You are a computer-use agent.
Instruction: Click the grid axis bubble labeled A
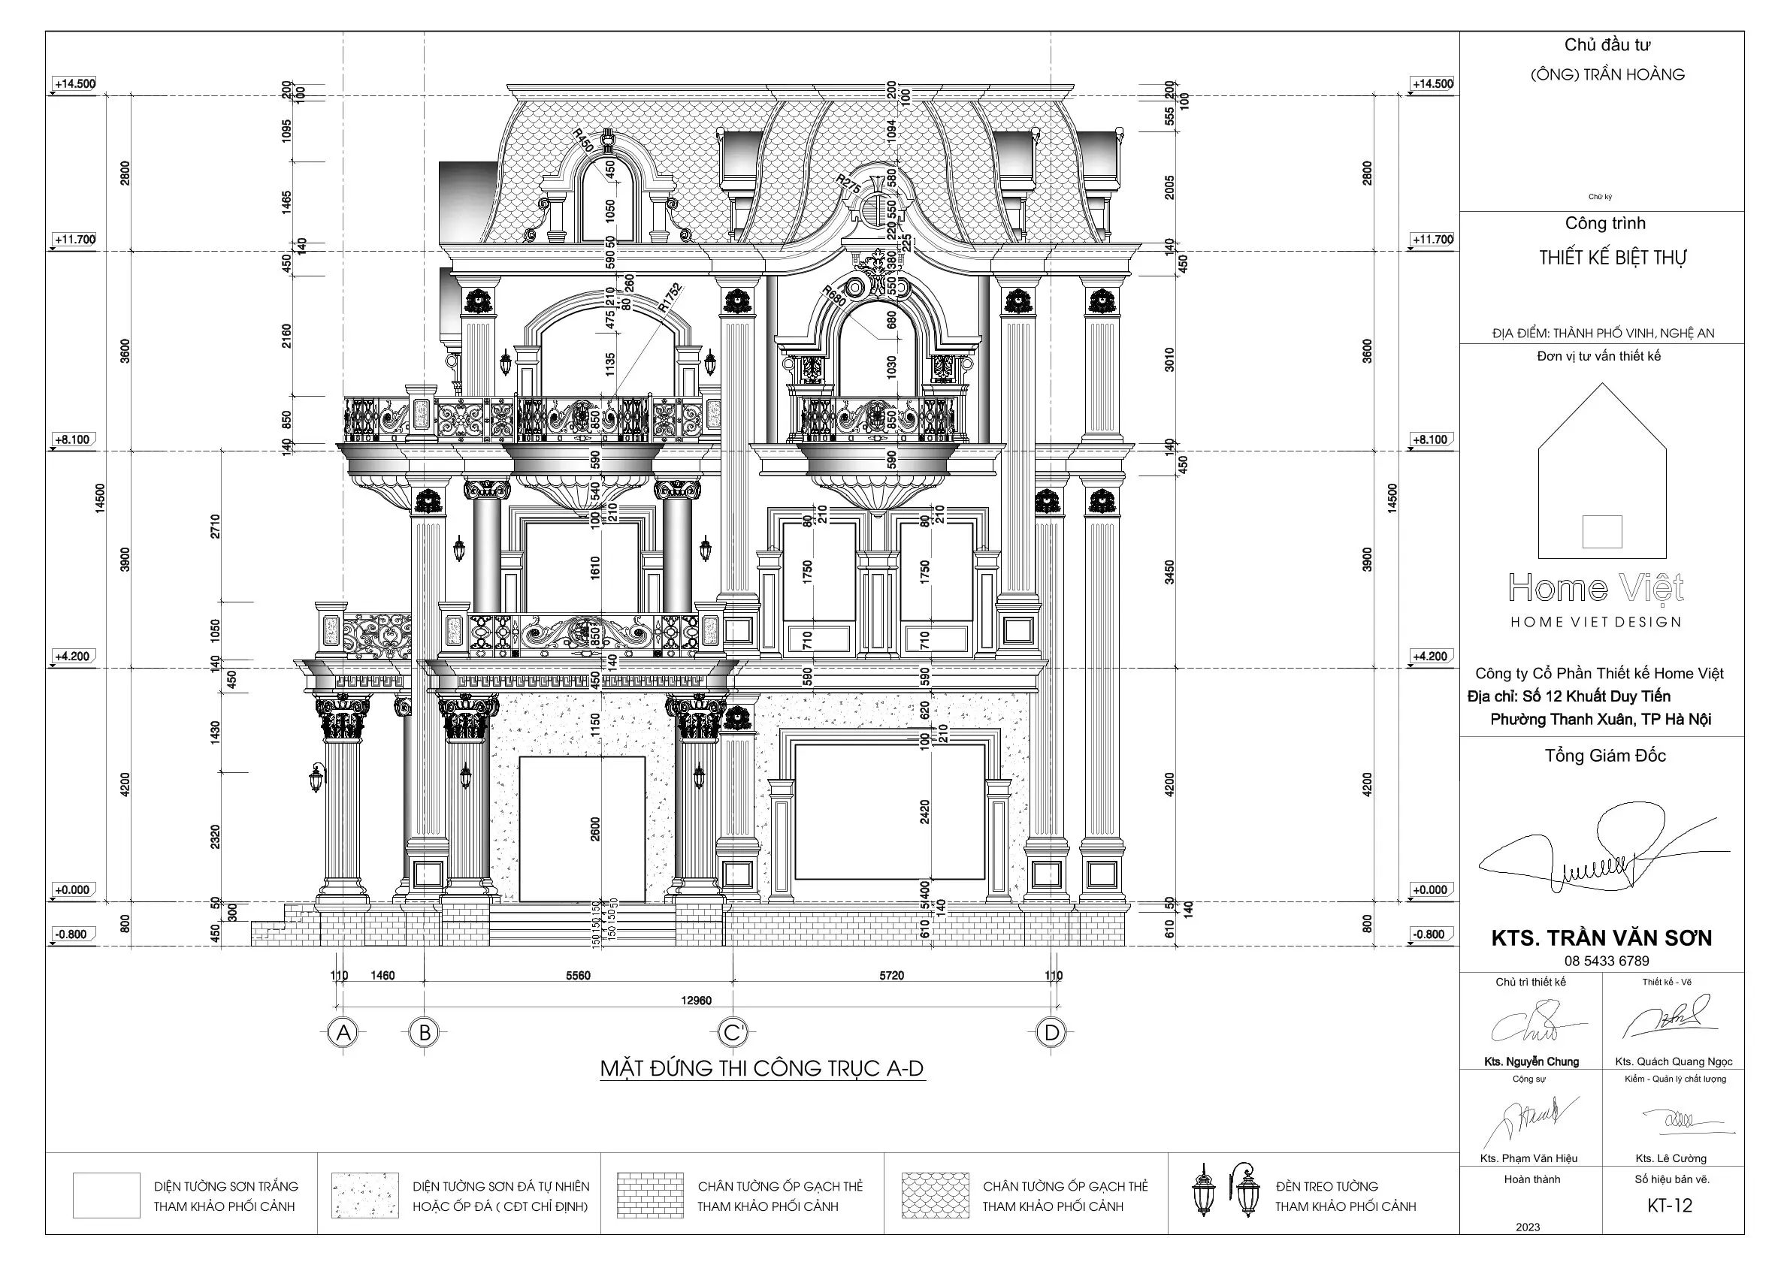tap(343, 1033)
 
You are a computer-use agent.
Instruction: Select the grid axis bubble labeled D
tap(1052, 1033)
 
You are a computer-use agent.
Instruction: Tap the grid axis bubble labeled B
tap(425, 1033)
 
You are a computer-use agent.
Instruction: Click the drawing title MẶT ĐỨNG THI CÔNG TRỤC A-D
tap(762, 1067)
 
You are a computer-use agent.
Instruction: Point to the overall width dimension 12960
tap(696, 1001)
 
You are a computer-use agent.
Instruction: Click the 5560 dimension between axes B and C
tap(578, 975)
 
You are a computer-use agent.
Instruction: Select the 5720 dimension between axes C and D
tap(892, 975)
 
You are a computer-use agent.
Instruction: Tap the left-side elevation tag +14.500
tap(75, 83)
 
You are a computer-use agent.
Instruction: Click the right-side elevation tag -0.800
tap(1430, 934)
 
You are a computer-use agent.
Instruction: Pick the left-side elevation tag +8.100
tap(72, 439)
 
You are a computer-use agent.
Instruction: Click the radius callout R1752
tap(669, 297)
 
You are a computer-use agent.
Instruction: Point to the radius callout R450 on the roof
tap(583, 141)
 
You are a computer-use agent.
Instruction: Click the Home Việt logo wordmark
tap(1596, 588)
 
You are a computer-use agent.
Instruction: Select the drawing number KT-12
tap(1670, 1206)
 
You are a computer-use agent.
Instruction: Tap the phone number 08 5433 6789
tap(1606, 961)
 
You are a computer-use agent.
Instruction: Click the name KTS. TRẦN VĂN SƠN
tap(1601, 937)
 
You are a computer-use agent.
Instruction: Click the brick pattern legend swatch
tap(649, 1195)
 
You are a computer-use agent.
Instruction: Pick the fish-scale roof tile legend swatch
tap(935, 1195)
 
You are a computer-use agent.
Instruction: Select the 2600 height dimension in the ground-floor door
tap(597, 829)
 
